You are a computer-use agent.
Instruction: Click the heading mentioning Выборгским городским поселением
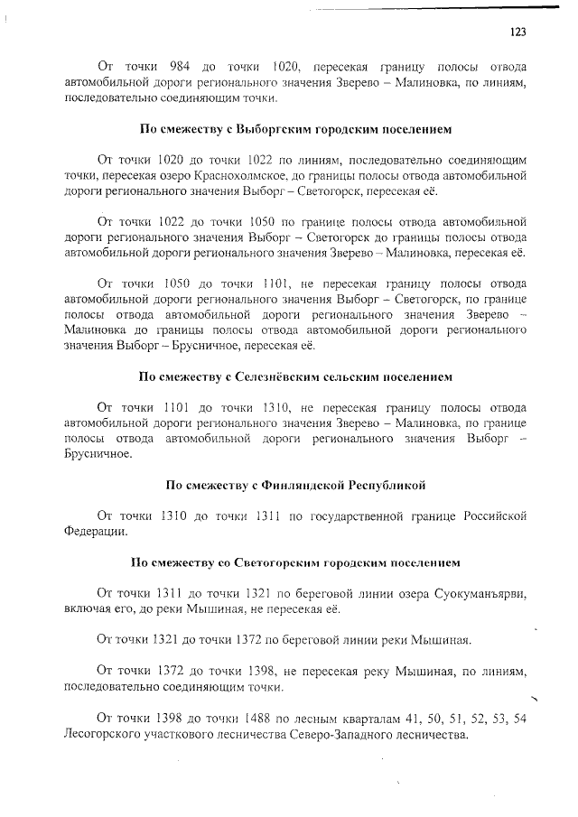pyautogui.click(x=289, y=128)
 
